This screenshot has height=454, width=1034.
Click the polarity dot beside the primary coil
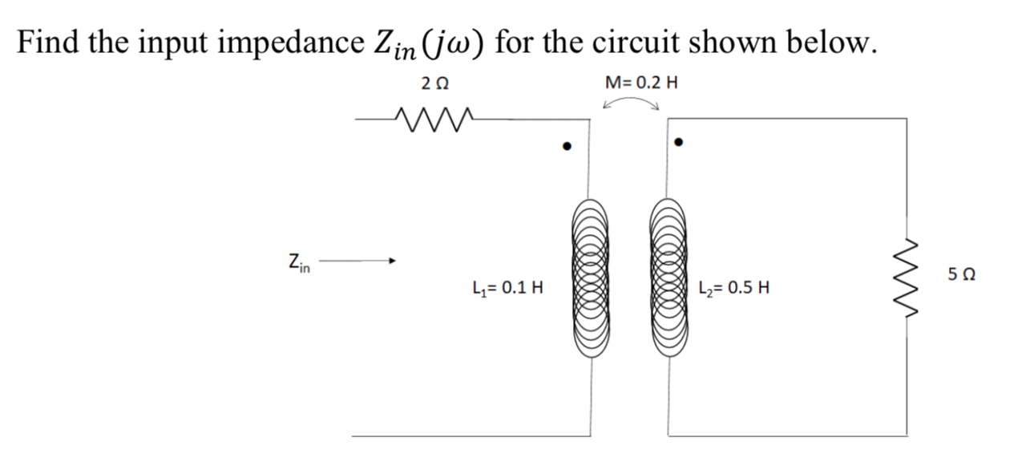[567, 146]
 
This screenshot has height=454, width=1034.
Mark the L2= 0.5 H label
[734, 288]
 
